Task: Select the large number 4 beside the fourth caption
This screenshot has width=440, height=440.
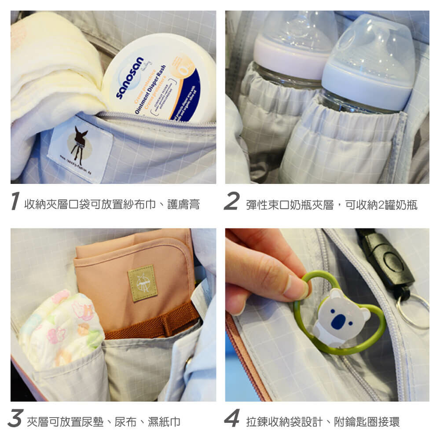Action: [x=232, y=418]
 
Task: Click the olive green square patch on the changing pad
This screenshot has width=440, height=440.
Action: [x=142, y=283]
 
